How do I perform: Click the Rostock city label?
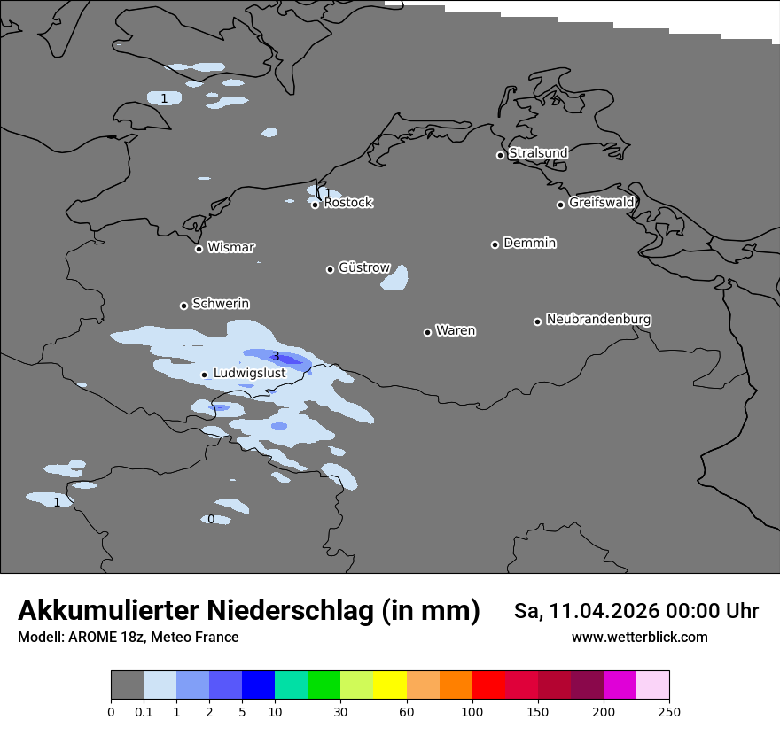coord(348,203)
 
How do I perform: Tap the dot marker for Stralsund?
coord(500,155)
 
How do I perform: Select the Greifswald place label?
coord(601,203)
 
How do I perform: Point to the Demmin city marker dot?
coord(495,244)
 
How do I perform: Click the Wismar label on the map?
coord(230,248)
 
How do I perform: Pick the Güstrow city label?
coord(364,267)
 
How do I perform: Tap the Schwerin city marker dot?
coord(183,306)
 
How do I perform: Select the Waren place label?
coord(456,331)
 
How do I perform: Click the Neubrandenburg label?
coord(598,320)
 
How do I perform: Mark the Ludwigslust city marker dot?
coord(204,375)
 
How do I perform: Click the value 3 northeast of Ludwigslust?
coord(276,357)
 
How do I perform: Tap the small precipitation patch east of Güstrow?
coord(395,279)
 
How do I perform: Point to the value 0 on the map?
coord(211,520)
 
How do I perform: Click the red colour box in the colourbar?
coord(488,685)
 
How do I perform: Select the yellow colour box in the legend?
coord(389,685)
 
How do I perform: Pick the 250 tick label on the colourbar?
coord(669,711)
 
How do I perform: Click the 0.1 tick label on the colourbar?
coord(144,711)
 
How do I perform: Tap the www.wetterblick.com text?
coord(639,638)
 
